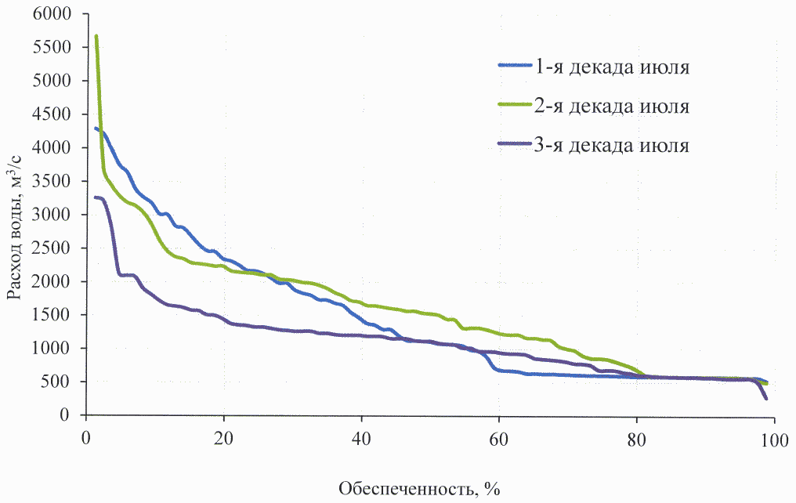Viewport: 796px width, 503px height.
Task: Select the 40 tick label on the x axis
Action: pos(361,435)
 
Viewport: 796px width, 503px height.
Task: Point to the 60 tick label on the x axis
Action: pos(499,435)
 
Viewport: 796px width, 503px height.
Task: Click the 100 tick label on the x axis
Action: pos(774,435)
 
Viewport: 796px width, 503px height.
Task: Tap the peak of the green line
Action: pos(96,36)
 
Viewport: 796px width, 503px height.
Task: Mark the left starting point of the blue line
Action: pos(96,128)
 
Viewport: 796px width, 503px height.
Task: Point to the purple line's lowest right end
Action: pos(765,399)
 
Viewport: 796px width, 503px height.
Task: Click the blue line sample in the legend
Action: pos(515,66)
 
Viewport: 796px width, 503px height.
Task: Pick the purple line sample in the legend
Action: pos(515,145)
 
